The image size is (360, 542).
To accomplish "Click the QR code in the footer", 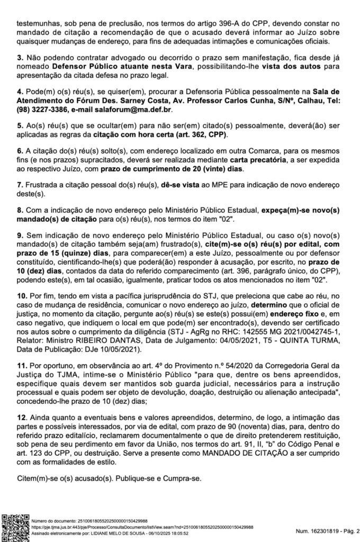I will (x=15, y=526).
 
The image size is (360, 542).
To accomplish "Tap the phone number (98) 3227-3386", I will (x=36, y=110).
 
